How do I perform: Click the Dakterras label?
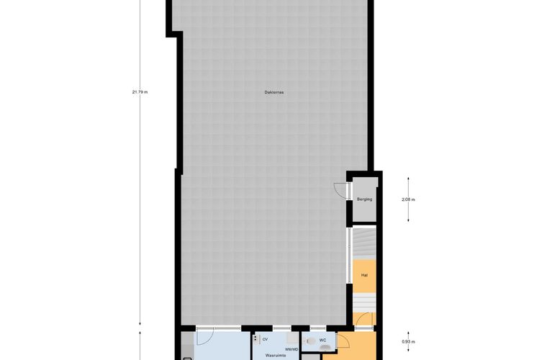[x=273, y=92]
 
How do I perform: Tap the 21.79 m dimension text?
[x=140, y=92]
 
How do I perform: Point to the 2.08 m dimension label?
[x=408, y=199]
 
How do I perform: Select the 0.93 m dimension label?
[x=408, y=341]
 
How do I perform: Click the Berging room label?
[x=364, y=199]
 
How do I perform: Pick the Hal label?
[x=364, y=275]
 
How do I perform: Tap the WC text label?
[x=322, y=339]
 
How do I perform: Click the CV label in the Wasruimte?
[x=265, y=339]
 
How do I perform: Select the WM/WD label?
[x=291, y=349]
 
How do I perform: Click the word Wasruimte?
[x=276, y=356]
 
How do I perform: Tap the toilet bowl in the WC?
[x=310, y=341]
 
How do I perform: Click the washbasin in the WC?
[x=326, y=348]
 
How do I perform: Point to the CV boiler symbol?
[x=257, y=338]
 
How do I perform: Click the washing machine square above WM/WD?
[x=292, y=338]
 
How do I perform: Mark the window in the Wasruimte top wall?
[x=282, y=328]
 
